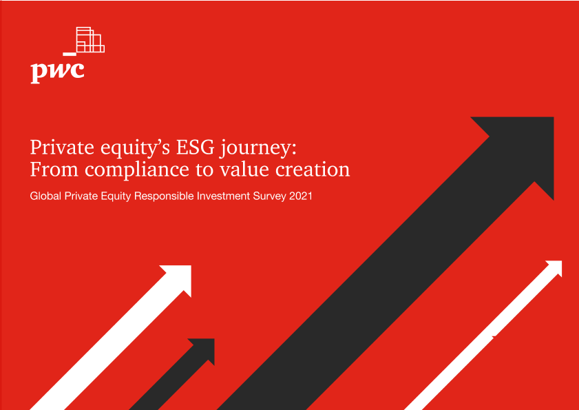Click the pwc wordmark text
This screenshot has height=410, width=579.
coord(57,72)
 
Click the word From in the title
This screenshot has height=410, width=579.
coord(54,170)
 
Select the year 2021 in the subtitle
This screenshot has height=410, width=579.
coord(301,196)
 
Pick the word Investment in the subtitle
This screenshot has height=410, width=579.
coord(223,196)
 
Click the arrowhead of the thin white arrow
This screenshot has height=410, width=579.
coord(555,267)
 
